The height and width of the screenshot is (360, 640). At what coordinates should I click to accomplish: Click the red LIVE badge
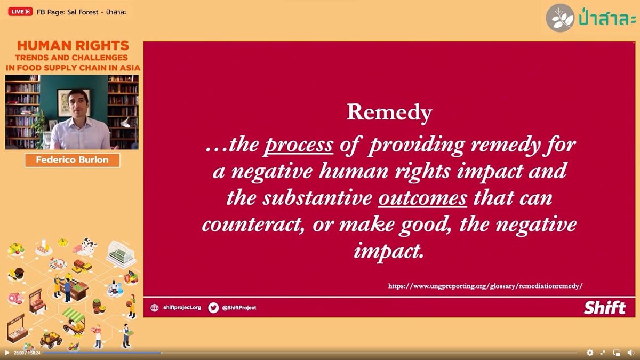[20, 11]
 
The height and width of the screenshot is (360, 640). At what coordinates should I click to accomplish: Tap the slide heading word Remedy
[389, 113]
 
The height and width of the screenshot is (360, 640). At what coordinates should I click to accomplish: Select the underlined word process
[298, 145]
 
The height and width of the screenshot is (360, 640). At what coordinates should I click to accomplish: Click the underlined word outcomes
[423, 198]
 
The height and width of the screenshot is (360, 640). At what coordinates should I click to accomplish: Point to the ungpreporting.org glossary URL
[485, 286]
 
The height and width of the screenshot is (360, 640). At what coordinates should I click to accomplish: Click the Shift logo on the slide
[605, 308]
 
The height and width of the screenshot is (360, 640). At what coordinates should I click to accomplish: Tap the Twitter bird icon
[213, 308]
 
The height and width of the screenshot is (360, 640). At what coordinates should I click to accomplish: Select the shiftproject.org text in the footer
[182, 308]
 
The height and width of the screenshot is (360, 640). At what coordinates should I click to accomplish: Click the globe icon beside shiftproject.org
[155, 308]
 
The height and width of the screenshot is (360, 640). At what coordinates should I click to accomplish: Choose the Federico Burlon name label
[73, 160]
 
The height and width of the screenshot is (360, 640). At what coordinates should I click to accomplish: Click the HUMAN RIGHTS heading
[73, 45]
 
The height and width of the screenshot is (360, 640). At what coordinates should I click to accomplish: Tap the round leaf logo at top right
[560, 18]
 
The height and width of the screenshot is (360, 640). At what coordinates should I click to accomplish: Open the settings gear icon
[590, 353]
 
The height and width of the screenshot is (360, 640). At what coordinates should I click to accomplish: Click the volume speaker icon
[630, 353]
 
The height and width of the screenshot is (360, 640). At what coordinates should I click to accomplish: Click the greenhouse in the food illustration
[121, 254]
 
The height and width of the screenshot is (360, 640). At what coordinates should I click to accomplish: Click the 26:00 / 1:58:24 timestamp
[27, 353]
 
